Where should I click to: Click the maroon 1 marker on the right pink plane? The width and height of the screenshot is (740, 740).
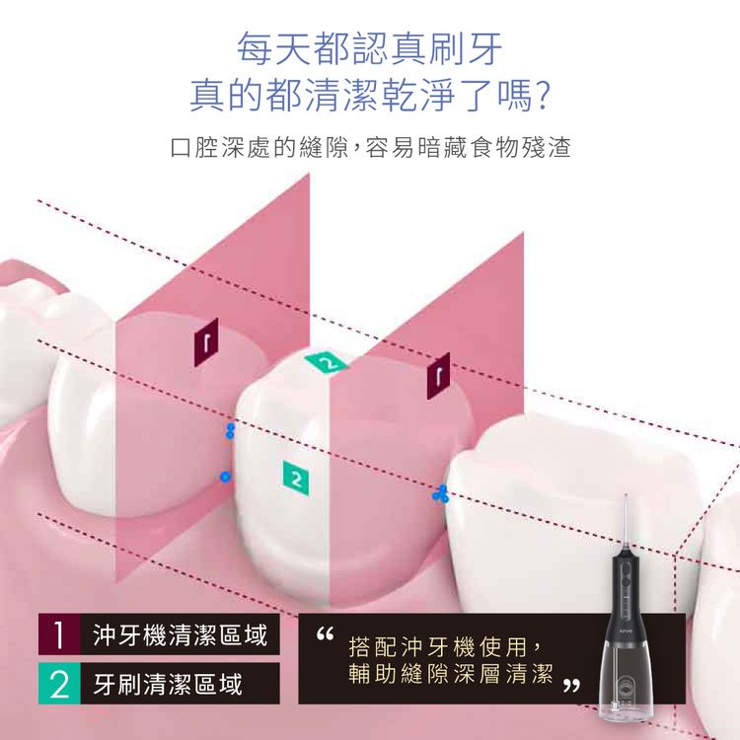[x=439, y=375]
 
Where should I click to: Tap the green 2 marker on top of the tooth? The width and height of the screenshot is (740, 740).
[x=328, y=362]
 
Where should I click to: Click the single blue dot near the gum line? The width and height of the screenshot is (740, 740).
[x=225, y=477]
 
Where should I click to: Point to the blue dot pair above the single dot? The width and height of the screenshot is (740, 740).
[x=230, y=430]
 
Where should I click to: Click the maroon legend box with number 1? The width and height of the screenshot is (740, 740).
[x=59, y=634]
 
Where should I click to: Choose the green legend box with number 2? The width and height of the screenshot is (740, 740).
[x=59, y=683]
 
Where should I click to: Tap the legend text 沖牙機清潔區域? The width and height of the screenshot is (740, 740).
[x=179, y=634]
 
